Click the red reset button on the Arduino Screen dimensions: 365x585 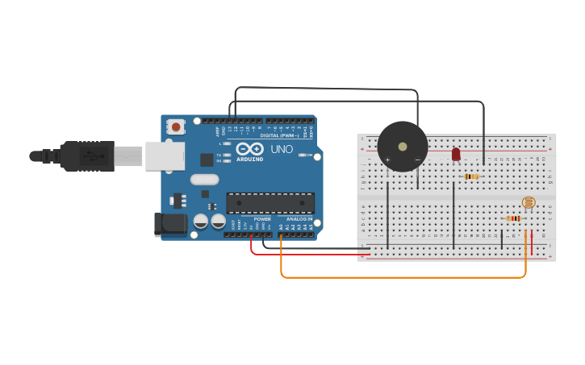(175, 127)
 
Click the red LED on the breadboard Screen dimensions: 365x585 (456, 153)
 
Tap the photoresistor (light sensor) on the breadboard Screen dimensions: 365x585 (529, 202)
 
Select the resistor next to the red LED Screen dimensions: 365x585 (472, 176)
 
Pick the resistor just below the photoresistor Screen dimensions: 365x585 (514, 218)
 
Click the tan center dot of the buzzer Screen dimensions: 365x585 (403, 147)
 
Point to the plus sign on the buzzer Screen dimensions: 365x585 (387, 160)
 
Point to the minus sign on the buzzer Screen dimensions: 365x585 (417, 160)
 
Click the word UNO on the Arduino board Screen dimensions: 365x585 (282, 149)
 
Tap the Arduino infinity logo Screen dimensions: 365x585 (250, 149)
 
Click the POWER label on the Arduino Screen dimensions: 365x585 (262, 219)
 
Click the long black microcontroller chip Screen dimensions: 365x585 (270, 202)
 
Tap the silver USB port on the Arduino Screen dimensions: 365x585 (165, 156)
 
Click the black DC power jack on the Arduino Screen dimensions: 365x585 (170, 223)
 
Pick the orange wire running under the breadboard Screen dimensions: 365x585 (403, 277)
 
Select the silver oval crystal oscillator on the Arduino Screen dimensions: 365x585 (205, 180)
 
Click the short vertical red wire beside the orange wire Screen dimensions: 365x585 (532, 243)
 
